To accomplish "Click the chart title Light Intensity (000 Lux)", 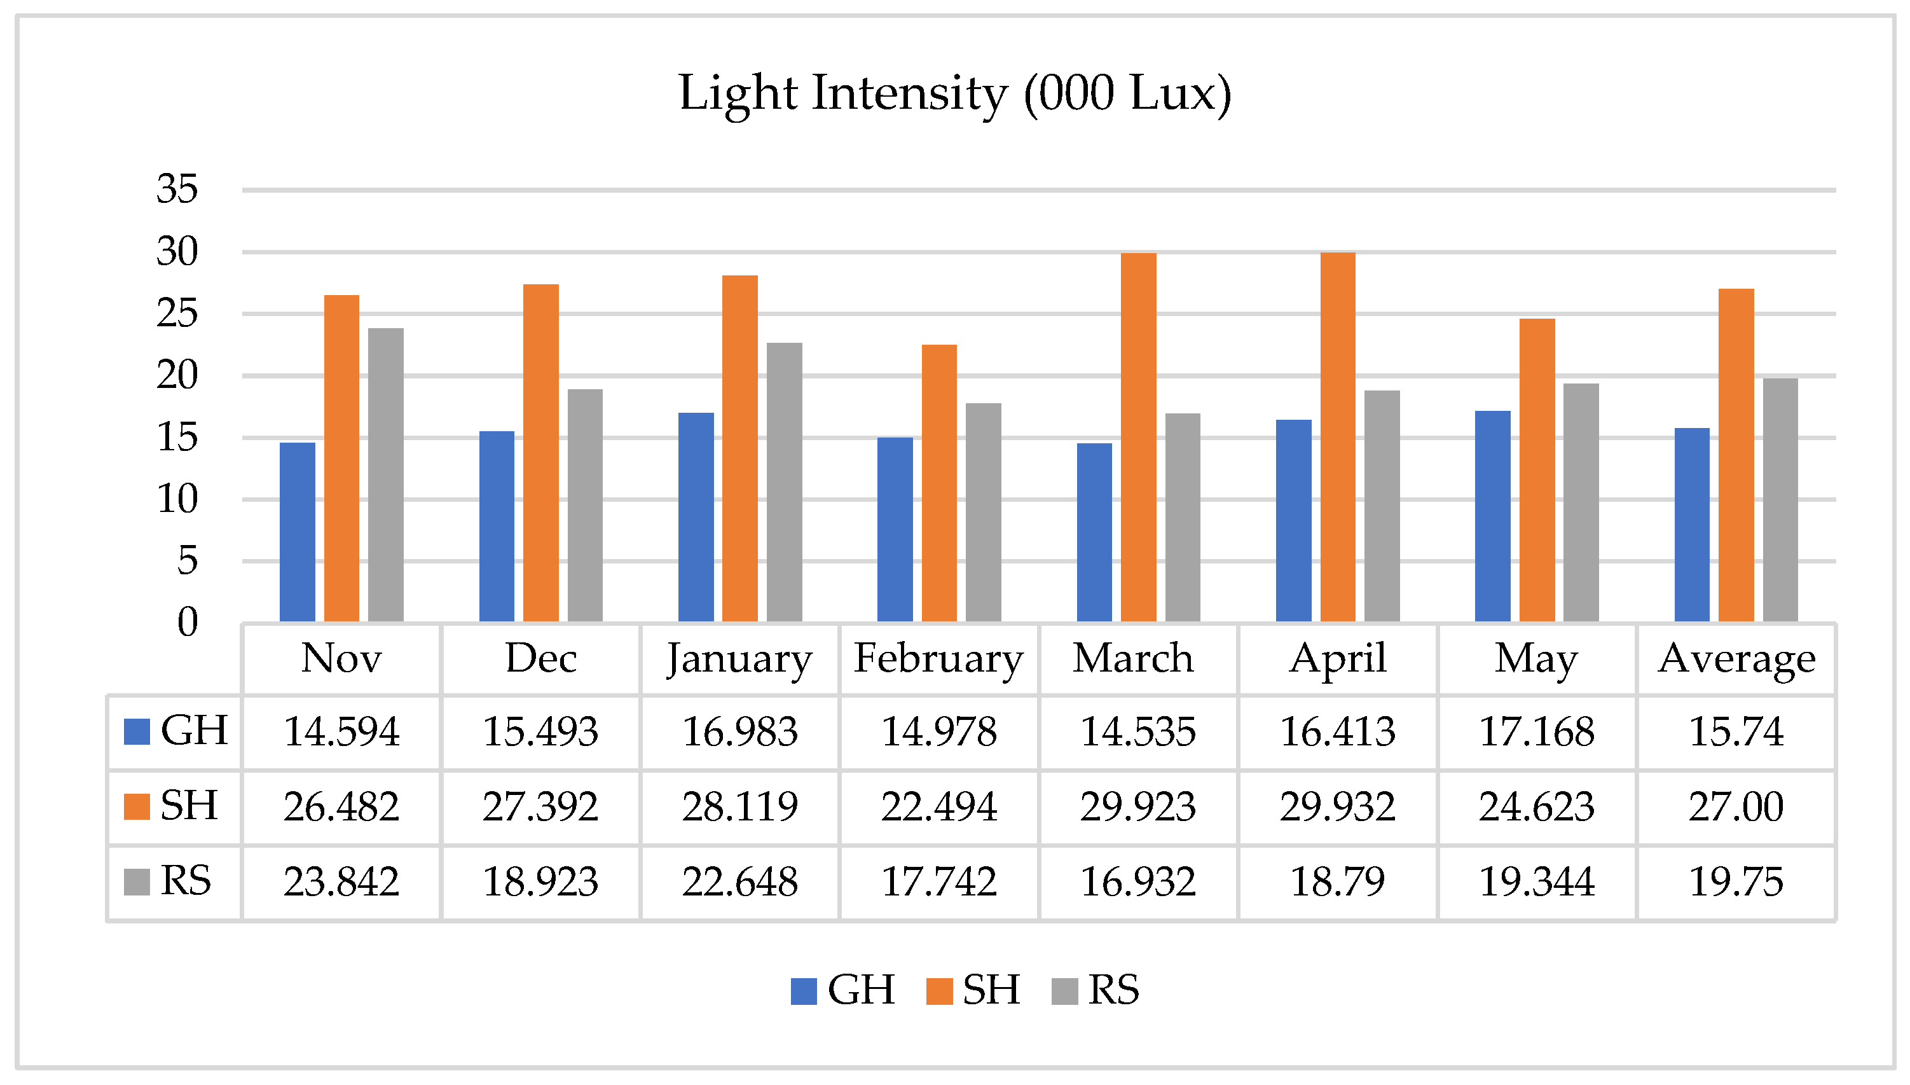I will [x=954, y=94].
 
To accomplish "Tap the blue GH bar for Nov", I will [x=297, y=532].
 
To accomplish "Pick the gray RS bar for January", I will [x=784, y=482].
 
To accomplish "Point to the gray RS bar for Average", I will [x=1780, y=500].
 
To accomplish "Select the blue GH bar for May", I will [x=1492, y=516].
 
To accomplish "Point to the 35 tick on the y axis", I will [x=177, y=190].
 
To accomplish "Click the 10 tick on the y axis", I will [x=177, y=499].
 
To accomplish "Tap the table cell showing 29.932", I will [x=1337, y=807].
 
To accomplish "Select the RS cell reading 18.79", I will [x=1337, y=882].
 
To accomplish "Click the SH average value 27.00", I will [x=1735, y=807].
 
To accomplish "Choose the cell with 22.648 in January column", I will [x=739, y=882].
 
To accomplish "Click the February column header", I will [x=938, y=659].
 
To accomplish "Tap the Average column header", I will [x=1736, y=659].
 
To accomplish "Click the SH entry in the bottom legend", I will [x=973, y=990].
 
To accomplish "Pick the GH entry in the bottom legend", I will [x=843, y=990].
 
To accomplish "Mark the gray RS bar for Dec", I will [x=585, y=505].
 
